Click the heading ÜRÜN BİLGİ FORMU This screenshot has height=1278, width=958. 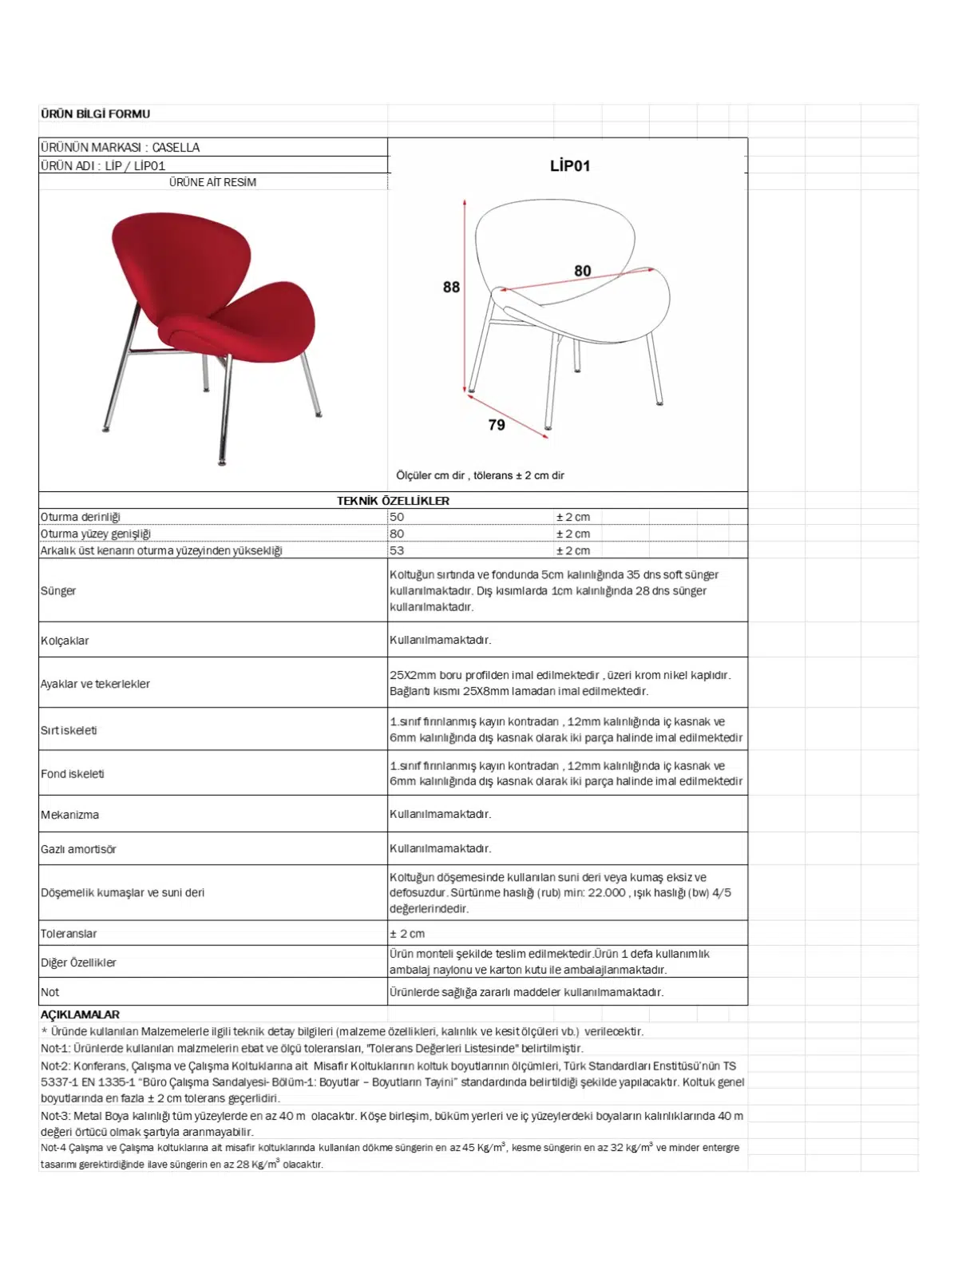(95, 114)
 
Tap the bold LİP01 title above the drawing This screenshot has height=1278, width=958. (569, 166)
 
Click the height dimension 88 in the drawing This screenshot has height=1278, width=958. (451, 287)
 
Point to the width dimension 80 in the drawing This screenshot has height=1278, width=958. (582, 271)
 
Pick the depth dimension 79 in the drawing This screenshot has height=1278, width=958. (497, 425)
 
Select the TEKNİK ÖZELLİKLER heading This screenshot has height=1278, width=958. (393, 501)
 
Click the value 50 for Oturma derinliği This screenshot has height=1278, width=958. (397, 517)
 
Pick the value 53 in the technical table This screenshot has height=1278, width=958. (397, 550)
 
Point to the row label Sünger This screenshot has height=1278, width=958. (58, 591)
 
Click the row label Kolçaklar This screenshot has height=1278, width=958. (65, 641)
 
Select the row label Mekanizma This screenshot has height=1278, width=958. (69, 815)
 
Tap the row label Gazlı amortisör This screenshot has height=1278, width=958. (78, 849)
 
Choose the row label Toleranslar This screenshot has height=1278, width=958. (69, 934)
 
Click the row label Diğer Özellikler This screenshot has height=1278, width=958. (78, 962)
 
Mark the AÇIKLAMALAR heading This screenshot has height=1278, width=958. (80, 1014)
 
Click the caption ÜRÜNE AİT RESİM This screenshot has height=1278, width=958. (212, 182)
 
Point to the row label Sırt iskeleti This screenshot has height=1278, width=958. (69, 730)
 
